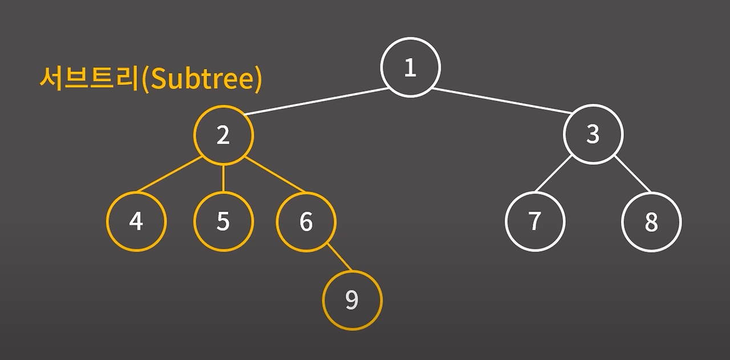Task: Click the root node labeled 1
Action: coord(410,67)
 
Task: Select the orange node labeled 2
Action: coord(223,135)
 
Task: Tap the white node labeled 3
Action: coord(593,134)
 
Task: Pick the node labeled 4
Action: coord(136,221)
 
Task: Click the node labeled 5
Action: coord(223,221)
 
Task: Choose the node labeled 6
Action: coord(306,221)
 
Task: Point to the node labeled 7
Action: coord(534,221)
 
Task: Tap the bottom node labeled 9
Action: coord(352,300)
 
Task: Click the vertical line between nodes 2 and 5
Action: coord(223,178)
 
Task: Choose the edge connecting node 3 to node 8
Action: coord(632,173)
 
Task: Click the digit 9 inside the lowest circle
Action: coord(352,300)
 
